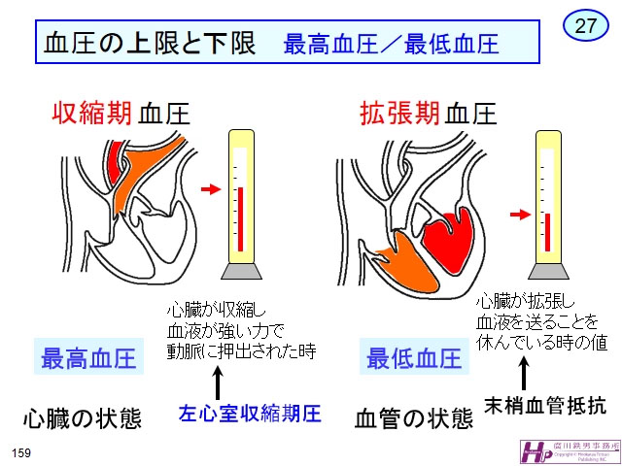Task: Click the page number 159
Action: click(21, 452)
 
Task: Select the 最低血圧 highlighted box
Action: click(413, 358)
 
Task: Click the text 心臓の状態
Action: click(83, 418)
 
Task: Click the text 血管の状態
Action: click(413, 418)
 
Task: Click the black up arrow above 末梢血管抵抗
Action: click(526, 373)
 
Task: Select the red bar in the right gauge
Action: click(548, 229)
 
